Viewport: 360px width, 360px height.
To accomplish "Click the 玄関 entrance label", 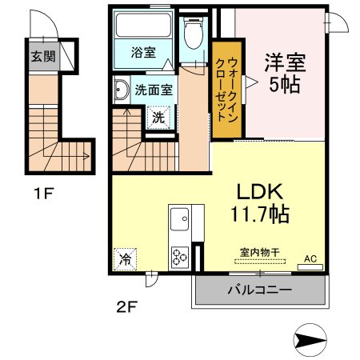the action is pyautogui.click(x=43, y=57).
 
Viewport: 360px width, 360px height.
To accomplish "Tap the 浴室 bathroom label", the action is pyautogui.click(x=143, y=52).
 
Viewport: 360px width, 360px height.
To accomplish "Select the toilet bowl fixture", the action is pyautogui.click(x=194, y=34).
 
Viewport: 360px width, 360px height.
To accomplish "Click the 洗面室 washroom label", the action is pyautogui.click(x=154, y=90).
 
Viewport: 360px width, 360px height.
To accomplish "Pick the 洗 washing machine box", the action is pyautogui.click(x=158, y=118).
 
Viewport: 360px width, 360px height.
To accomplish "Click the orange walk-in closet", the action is pyautogui.click(x=227, y=90).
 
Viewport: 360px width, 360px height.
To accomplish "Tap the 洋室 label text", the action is pyautogui.click(x=285, y=62).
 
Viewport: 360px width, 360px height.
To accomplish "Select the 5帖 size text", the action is pyautogui.click(x=285, y=85).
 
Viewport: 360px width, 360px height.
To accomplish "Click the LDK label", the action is pyautogui.click(x=260, y=191).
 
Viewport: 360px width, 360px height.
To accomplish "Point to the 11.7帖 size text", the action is pyautogui.click(x=260, y=214).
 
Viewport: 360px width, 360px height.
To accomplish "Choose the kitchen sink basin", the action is pyautogui.click(x=179, y=219).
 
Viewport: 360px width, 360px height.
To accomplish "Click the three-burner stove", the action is pyautogui.click(x=180, y=258).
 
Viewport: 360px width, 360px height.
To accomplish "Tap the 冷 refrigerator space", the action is pyautogui.click(x=125, y=259).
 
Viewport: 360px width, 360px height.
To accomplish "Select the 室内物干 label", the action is pyautogui.click(x=260, y=252).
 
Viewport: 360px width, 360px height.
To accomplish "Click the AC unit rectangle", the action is pyautogui.click(x=310, y=267).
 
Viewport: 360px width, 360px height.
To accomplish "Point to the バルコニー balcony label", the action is pyautogui.click(x=260, y=290).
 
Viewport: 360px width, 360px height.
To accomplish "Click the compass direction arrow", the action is pyautogui.click(x=310, y=340).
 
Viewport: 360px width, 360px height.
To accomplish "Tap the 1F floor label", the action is pyautogui.click(x=44, y=194).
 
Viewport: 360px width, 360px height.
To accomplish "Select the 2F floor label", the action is pyautogui.click(x=127, y=306).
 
